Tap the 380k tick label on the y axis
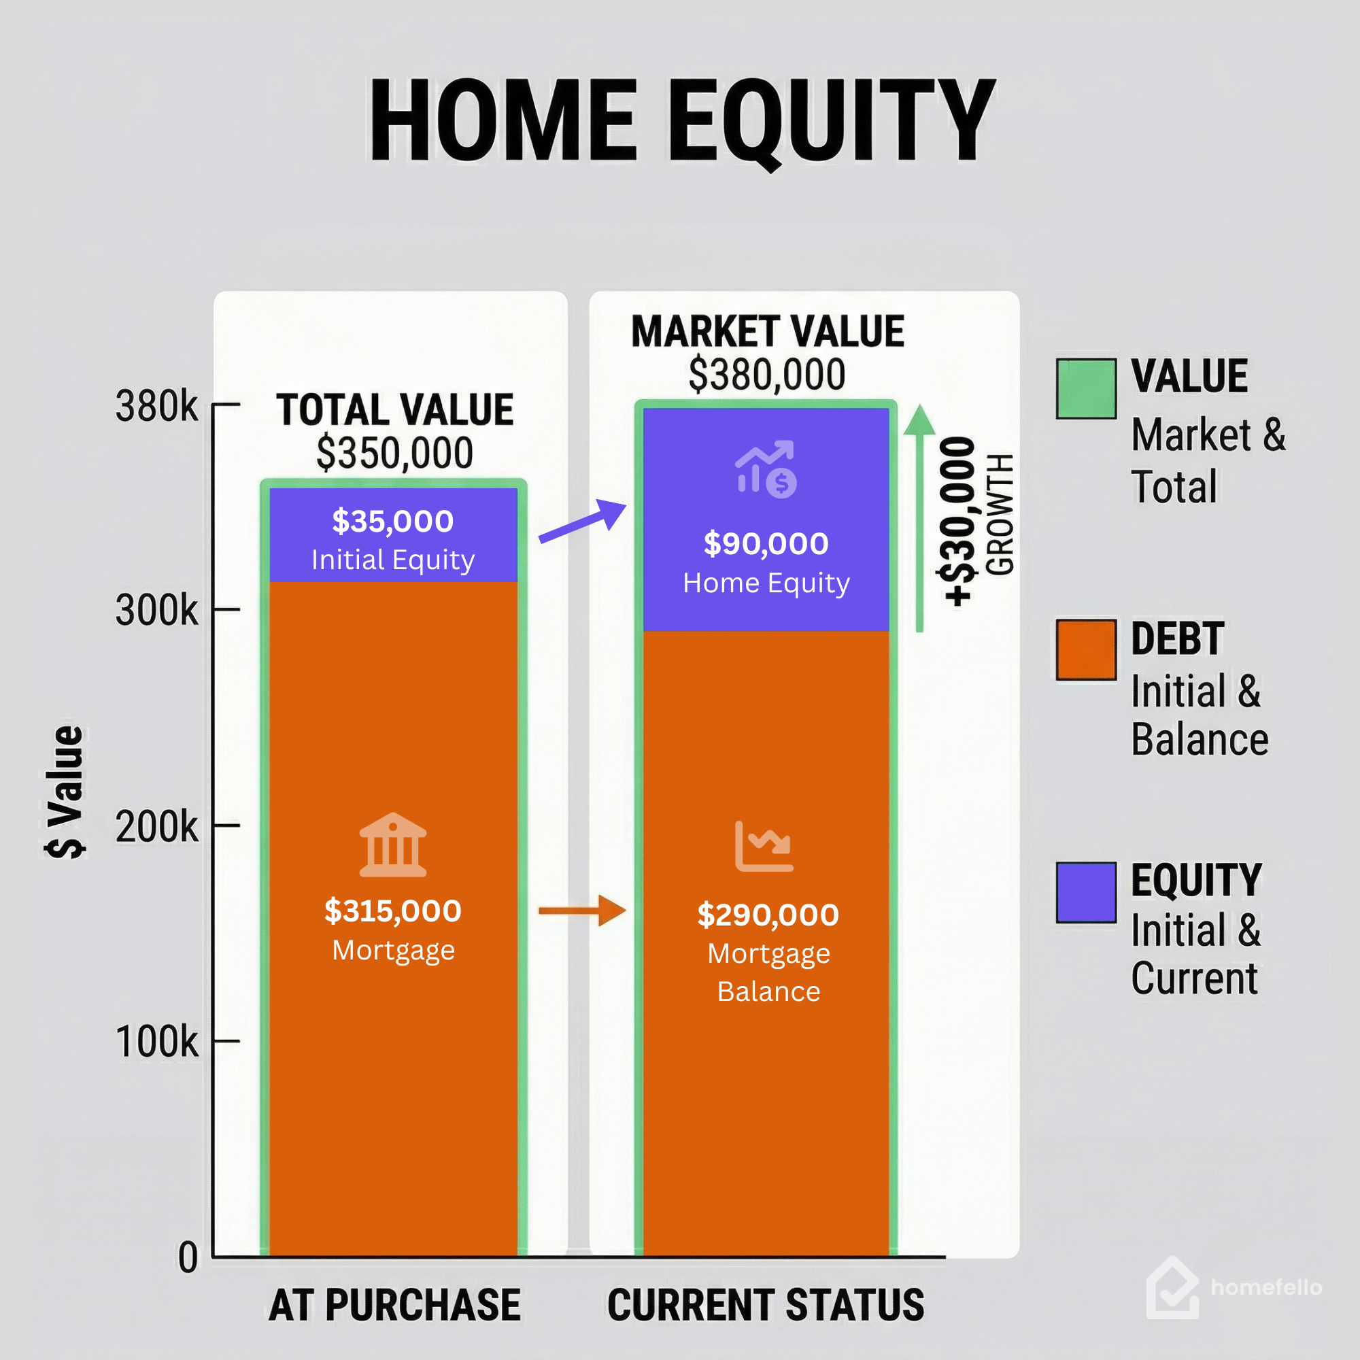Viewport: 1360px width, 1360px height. click(x=156, y=407)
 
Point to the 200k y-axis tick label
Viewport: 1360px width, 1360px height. click(x=156, y=827)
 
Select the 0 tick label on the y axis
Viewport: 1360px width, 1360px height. click(x=187, y=1257)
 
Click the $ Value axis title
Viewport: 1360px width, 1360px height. click(x=65, y=792)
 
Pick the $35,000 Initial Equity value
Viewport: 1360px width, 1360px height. click(x=393, y=522)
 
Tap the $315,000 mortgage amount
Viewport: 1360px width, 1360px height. click(x=393, y=911)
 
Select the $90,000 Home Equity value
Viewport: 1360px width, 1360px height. click(x=766, y=544)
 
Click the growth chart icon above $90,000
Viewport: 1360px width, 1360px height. click(x=766, y=469)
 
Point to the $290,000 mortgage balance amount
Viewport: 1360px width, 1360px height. click(x=768, y=915)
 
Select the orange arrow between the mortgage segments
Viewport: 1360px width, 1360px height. click(x=582, y=911)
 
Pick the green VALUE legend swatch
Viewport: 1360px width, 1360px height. click(x=1086, y=389)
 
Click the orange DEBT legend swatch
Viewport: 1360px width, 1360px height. click(x=1086, y=649)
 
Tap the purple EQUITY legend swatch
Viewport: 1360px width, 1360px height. click(x=1086, y=892)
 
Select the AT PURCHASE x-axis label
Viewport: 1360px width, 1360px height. click(x=395, y=1304)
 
